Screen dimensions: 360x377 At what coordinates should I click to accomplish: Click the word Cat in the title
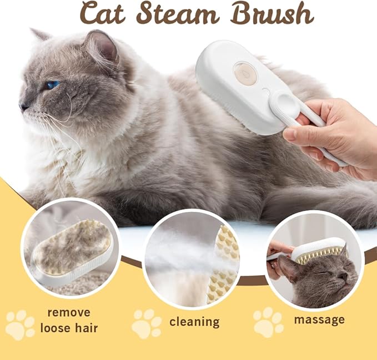[107, 14]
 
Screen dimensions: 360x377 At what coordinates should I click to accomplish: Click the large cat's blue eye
[53, 85]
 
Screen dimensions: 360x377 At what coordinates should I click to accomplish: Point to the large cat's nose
[24, 105]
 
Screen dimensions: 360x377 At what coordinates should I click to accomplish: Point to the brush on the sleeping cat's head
[321, 250]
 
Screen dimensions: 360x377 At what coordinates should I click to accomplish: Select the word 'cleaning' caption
[194, 322]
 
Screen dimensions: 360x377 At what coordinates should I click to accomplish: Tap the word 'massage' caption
[319, 320]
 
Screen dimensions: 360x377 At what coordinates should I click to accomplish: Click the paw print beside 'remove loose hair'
[19, 325]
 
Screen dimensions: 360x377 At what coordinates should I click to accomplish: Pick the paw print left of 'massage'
[268, 322]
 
